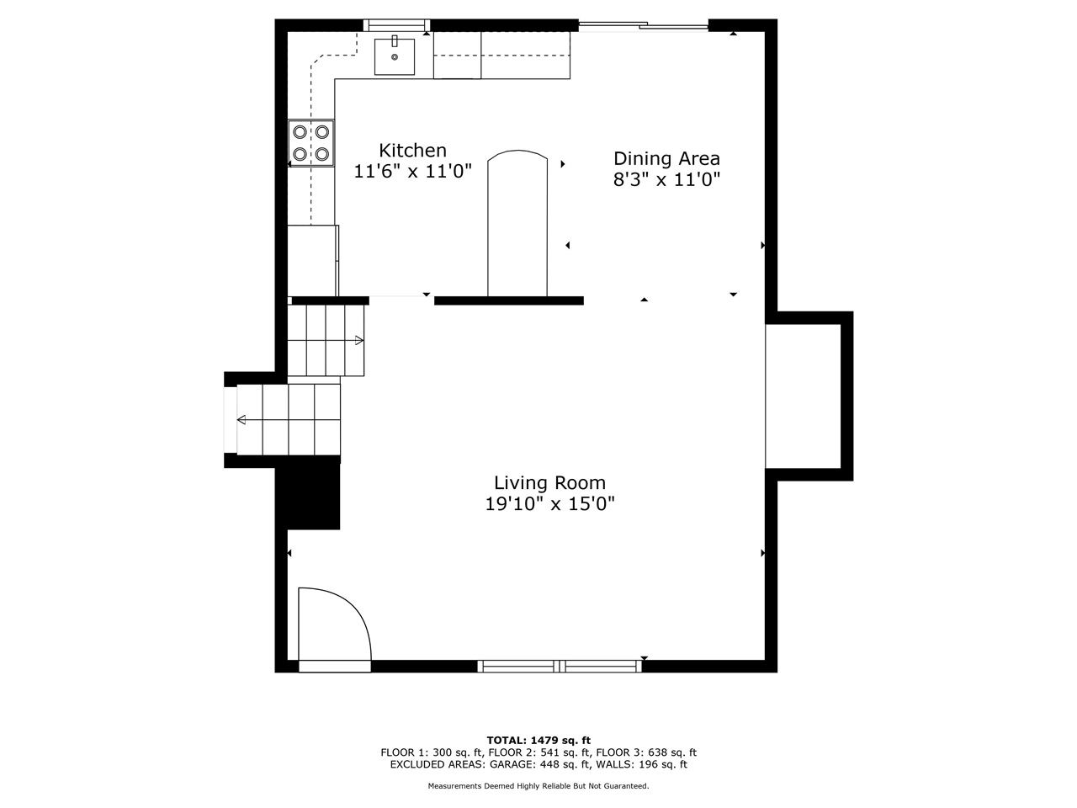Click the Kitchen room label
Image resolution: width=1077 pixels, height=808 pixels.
pyautogui.click(x=412, y=151)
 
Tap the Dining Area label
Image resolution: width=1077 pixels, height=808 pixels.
pyautogui.click(x=666, y=158)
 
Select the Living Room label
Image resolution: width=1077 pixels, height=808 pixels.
pyautogui.click(x=549, y=483)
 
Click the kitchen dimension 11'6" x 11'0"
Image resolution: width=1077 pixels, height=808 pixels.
pyautogui.click(x=412, y=172)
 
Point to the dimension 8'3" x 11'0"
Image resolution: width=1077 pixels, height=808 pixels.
pyautogui.click(x=666, y=179)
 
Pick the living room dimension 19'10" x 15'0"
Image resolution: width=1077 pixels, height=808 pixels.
pyautogui.click(x=549, y=504)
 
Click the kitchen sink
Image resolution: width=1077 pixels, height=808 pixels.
pyautogui.click(x=395, y=56)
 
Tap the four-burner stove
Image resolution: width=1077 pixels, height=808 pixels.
pyautogui.click(x=311, y=143)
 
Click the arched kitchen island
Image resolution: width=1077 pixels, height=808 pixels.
pyautogui.click(x=517, y=223)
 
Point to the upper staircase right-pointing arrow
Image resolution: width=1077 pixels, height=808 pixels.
pyautogui.click(x=358, y=341)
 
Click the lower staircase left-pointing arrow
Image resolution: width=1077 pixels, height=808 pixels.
pyautogui.click(x=242, y=420)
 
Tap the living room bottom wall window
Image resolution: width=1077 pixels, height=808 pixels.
pyautogui.click(x=560, y=667)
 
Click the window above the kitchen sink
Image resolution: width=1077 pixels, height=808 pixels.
pyautogui.click(x=396, y=25)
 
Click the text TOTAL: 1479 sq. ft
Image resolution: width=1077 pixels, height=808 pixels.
pyautogui.click(x=538, y=741)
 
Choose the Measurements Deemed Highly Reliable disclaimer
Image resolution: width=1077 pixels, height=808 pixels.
pyautogui.click(x=538, y=786)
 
